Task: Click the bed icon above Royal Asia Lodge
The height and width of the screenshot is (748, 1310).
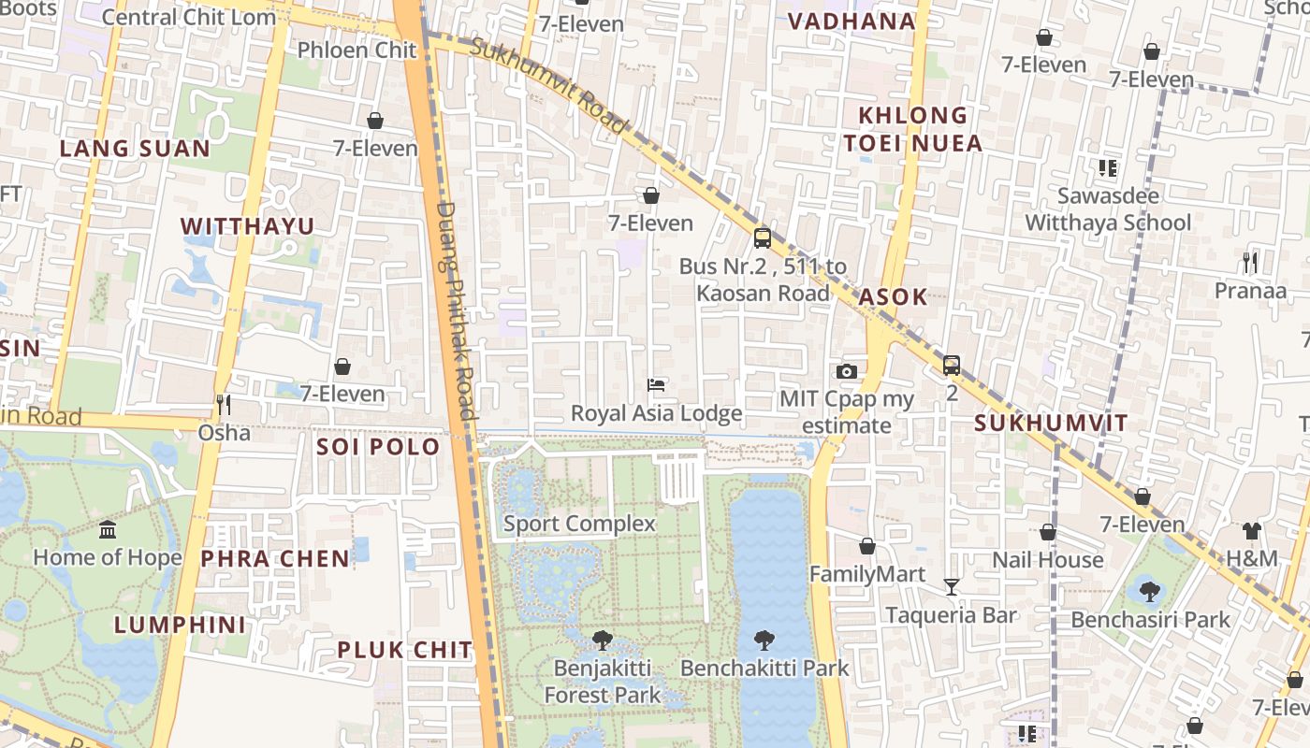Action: (657, 385)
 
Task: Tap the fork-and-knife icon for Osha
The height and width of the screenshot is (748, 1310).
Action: (224, 404)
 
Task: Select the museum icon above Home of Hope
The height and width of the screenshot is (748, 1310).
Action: (108, 530)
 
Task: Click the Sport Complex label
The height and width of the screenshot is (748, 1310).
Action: (579, 524)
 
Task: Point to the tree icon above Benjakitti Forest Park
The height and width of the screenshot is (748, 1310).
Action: (603, 640)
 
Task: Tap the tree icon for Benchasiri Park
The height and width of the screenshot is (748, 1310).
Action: (1150, 591)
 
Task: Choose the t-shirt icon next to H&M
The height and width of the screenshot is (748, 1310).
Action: (1252, 531)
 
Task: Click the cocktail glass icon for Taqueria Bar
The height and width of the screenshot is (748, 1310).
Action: (952, 587)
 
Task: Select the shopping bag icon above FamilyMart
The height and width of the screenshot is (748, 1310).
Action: (867, 546)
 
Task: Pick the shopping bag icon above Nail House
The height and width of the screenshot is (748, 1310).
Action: (1048, 532)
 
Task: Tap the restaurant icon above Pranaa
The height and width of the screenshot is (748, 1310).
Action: (1250, 262)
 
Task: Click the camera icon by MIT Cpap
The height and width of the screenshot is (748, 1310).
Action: (847, 371)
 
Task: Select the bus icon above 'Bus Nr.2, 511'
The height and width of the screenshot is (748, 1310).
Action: (763, 237)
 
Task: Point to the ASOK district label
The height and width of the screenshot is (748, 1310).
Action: (893, 297)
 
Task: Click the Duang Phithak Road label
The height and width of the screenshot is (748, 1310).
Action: (456, 310)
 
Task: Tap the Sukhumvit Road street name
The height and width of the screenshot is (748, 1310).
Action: (548, 86)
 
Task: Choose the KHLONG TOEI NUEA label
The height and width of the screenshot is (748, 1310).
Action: (912, 129)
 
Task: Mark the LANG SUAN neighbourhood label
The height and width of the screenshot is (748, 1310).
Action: (135, 149)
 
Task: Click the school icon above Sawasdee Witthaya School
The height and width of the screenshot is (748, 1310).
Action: (1108, 168)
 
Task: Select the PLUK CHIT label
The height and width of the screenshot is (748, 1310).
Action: (405, 650)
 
